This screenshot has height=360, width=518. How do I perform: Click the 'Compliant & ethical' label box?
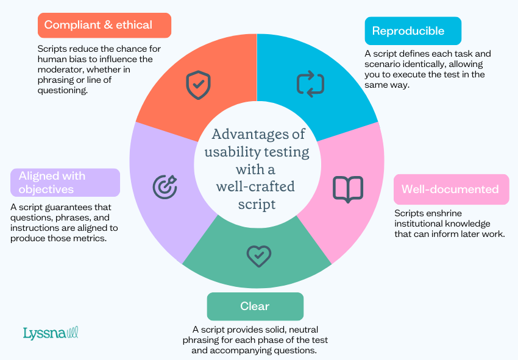(x=104, y=26)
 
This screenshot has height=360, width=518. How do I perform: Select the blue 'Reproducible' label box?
(x=413, y=31)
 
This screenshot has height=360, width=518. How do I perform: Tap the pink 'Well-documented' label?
(x=450, y=189)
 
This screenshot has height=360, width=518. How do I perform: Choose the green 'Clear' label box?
(x=255, y=306)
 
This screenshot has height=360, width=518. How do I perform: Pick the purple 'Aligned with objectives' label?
(x=65, y=183)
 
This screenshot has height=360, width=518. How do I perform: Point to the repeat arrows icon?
(x=310, y=84)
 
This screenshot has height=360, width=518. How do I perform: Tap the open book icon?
(x=348, y=189)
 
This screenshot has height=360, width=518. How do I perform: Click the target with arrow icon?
(x=165, y=186)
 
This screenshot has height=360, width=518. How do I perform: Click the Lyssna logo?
(x=51, y=333)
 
